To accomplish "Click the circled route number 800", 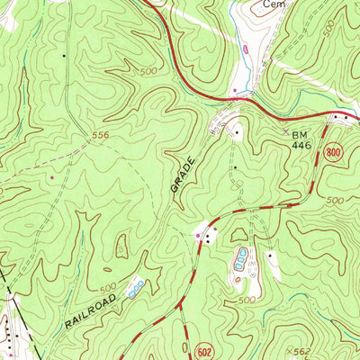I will [335, 153].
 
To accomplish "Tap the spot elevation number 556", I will [102, 135].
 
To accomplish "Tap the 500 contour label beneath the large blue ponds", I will [248, 299].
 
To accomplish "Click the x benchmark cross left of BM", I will [286, 130].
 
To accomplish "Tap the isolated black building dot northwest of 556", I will [64, 56].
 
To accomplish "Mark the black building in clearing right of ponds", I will [268, 256].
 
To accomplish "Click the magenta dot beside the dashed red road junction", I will [198, 236].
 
